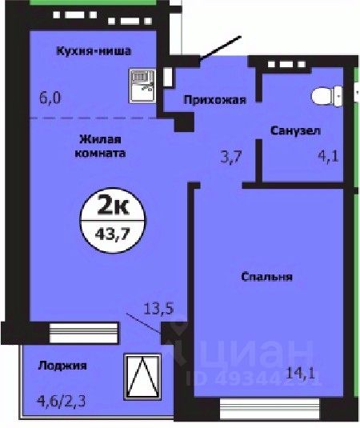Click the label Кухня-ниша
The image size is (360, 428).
pyautogui.click(x=94, y=51)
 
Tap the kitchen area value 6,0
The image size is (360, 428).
pyautogui.click(x=50, y=98)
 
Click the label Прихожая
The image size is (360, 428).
pyautogui.click(x=214, y=100)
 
